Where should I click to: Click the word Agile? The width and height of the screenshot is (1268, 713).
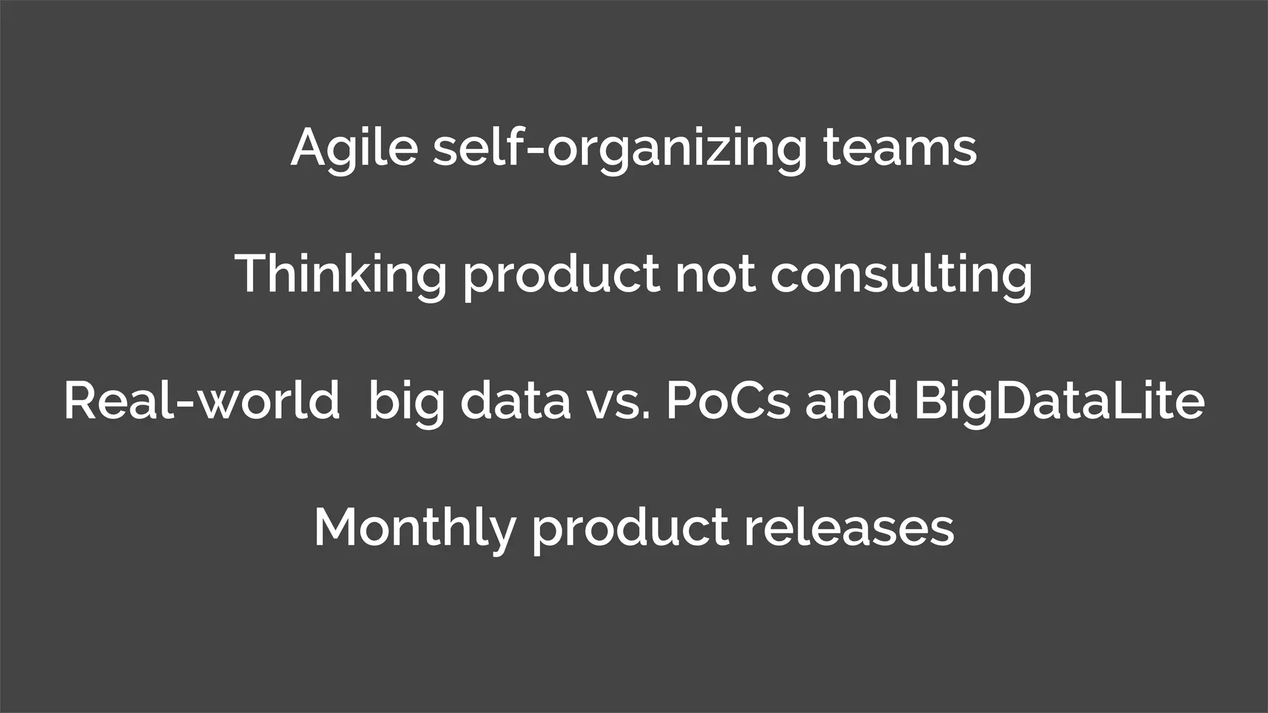click(x=354, y=149)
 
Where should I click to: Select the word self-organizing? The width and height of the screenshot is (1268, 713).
click(x=620, y=149)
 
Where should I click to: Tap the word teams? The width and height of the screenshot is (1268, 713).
click(x=900, y=149)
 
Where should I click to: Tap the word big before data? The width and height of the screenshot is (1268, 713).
click(x=406, y=402)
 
